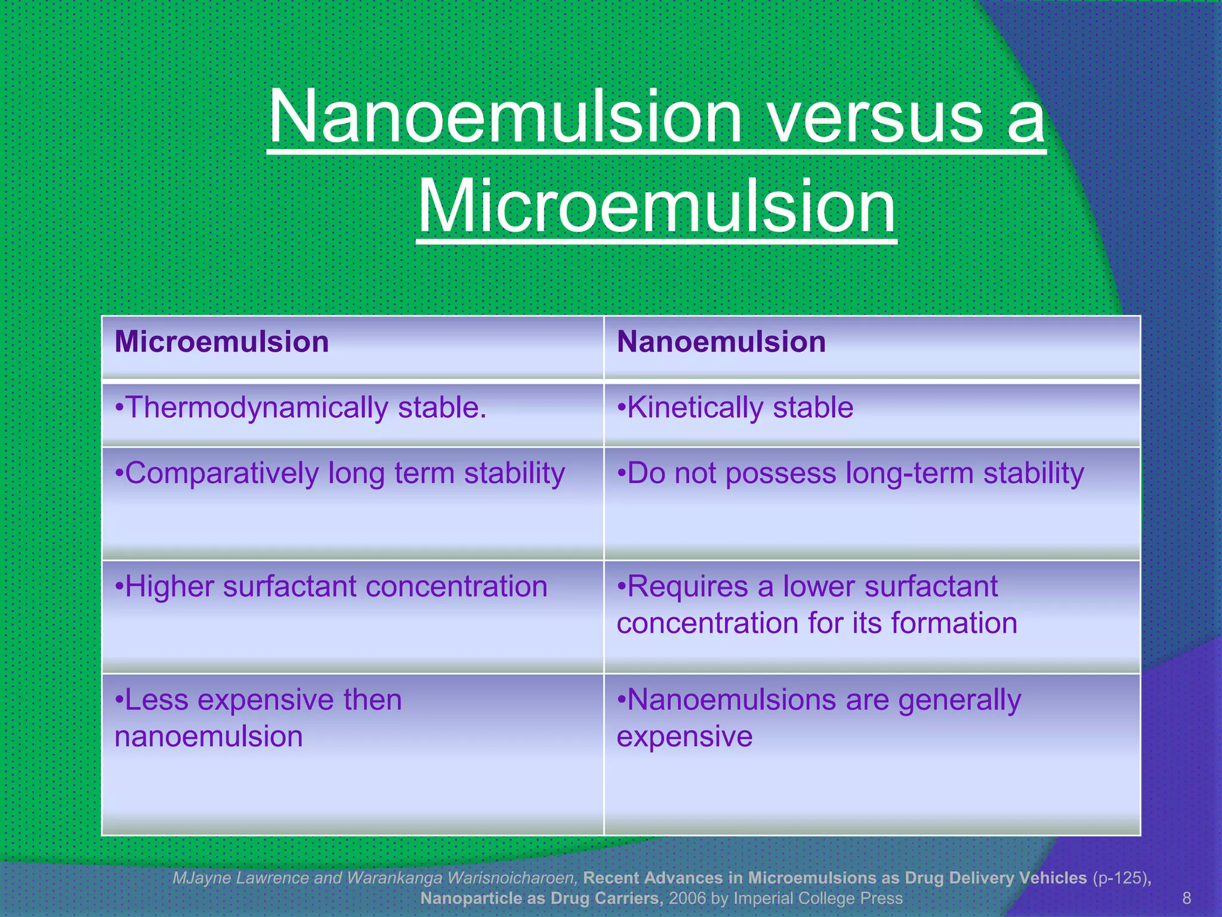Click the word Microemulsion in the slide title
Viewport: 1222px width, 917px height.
pyautogui.click(x=656, y=206)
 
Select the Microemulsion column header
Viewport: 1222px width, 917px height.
pyautogui.click(x=221, y=342)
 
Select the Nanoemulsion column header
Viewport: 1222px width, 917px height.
pyautogui.click(x=721, y=342)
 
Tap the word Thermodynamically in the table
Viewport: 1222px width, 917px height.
pyautogui.click(x=257, y=408)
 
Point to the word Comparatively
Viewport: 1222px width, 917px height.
pyautogui.click(x=221, y=473)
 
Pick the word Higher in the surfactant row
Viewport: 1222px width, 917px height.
pyautogui.click(x=169, y=586)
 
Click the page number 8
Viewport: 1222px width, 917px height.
pyautogui.click(x=1186, y=898)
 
